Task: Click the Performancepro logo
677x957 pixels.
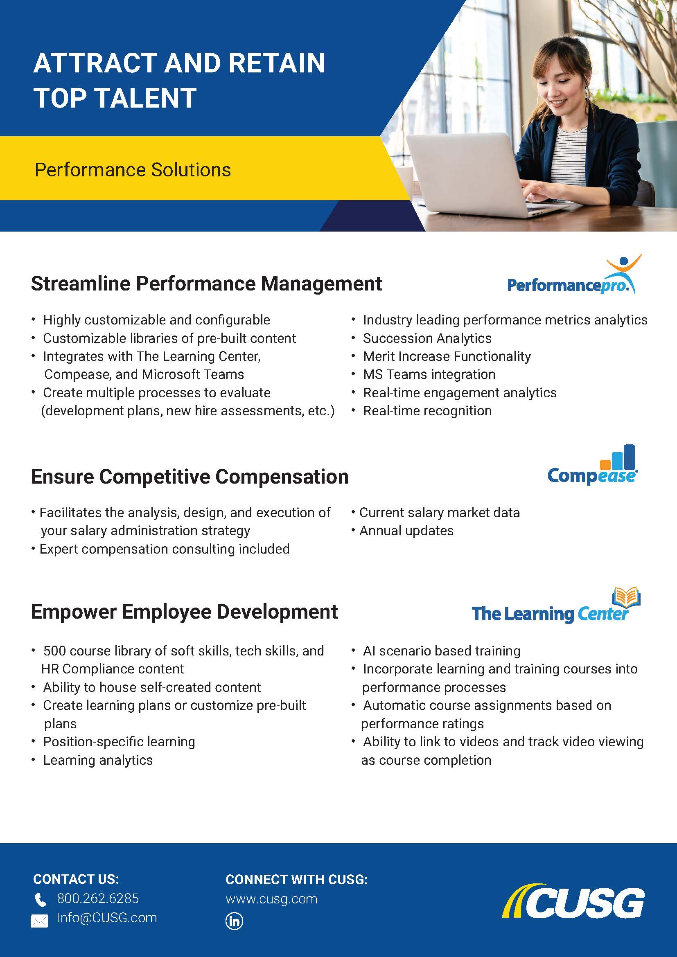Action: click(x=574, y=275)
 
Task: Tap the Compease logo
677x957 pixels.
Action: click(x=592, y=465)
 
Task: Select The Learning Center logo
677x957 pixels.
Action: click(x=556, y=606)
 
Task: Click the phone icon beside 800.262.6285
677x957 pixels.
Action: click(x=41, y=900)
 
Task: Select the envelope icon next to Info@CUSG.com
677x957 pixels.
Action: click(x=40, y=920)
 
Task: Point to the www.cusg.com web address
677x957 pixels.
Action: click(x=271, y=899)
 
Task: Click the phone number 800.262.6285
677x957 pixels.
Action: click(x=98, y=898)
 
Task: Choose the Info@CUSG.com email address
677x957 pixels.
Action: click(x=107, y=917)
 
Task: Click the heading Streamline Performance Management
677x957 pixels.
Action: click(x=206, y=284)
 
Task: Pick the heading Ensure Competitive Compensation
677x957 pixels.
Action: click(x=190, y=477)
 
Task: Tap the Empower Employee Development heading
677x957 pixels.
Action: click(x=184, y=612)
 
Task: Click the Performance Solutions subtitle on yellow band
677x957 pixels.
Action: click(x=133, y=170)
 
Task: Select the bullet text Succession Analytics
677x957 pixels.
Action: click(x=427, y=338)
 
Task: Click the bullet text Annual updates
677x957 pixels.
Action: click(x=406, y=531)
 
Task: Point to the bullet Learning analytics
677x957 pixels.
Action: click(x=98, y=760)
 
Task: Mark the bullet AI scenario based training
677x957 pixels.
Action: click(x=442, y=651)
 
